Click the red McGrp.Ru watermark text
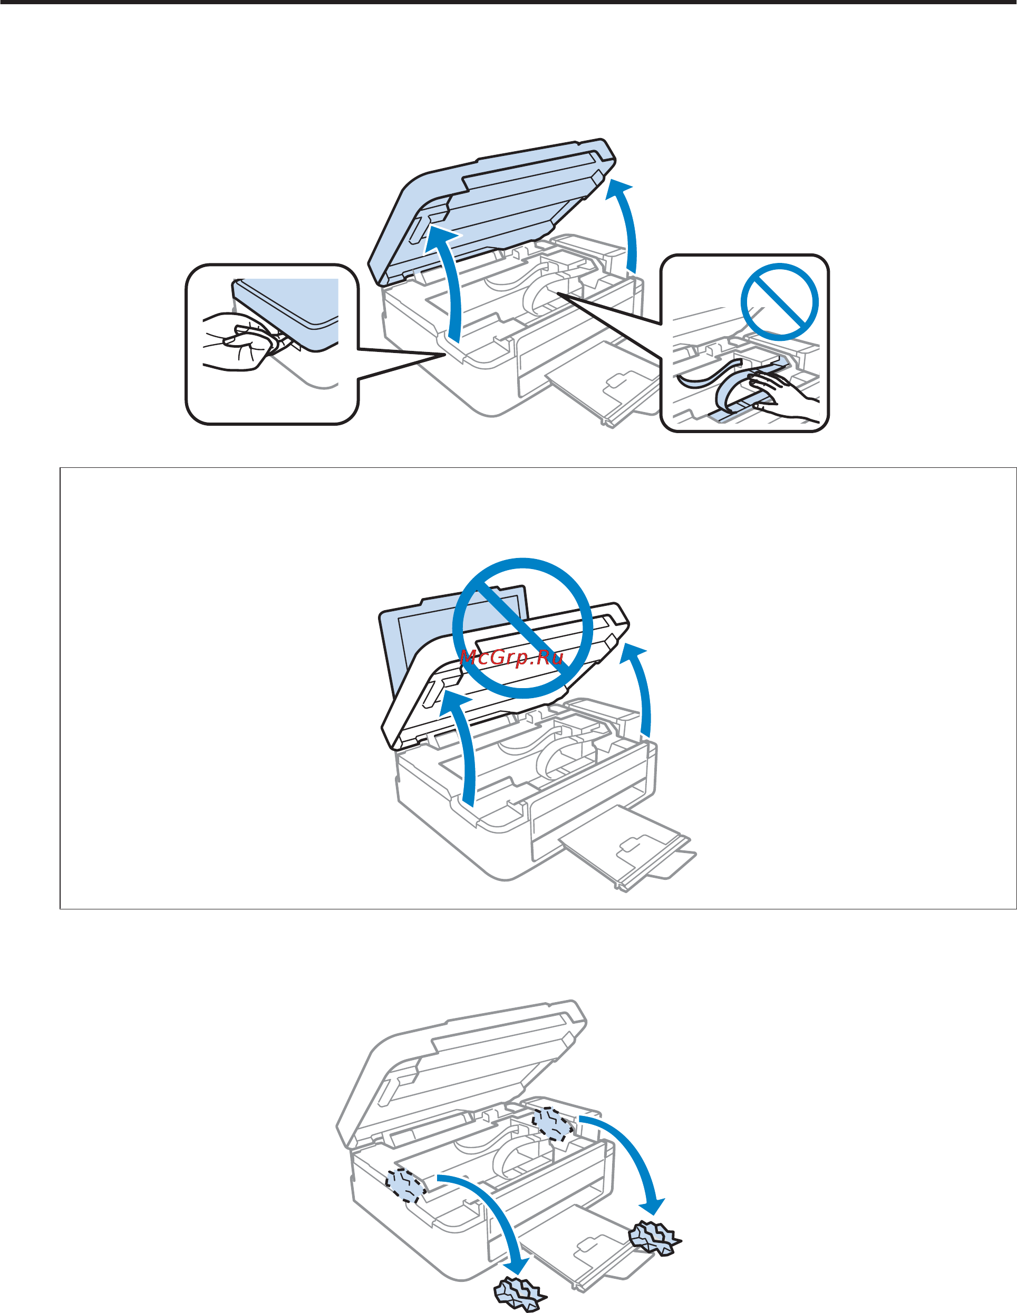pyautogui.click(x=512, y=657)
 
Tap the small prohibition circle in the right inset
pyautogui.click(x=779, y=301)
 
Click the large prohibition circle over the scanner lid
pyautogui.click(x=522, y=628)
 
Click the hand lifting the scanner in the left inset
pyautogui.click(x=238, y=341)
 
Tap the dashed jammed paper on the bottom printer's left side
pyautogui.click(x=406, y=1185)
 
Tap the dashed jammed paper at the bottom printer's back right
pyautogui.click(x=551, y=1124)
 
